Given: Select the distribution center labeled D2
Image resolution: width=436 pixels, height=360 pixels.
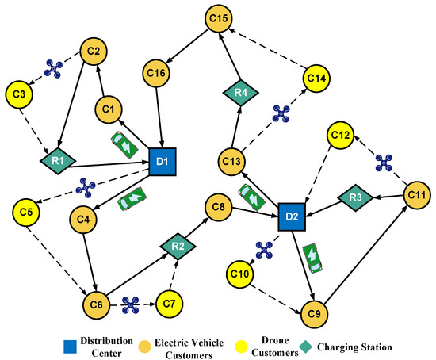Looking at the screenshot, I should [x=291, y=216].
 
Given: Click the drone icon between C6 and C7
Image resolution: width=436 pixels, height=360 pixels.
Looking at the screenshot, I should [x=131, y=303].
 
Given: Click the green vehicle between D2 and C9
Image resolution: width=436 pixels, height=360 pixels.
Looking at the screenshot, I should [x=313, y=257].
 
